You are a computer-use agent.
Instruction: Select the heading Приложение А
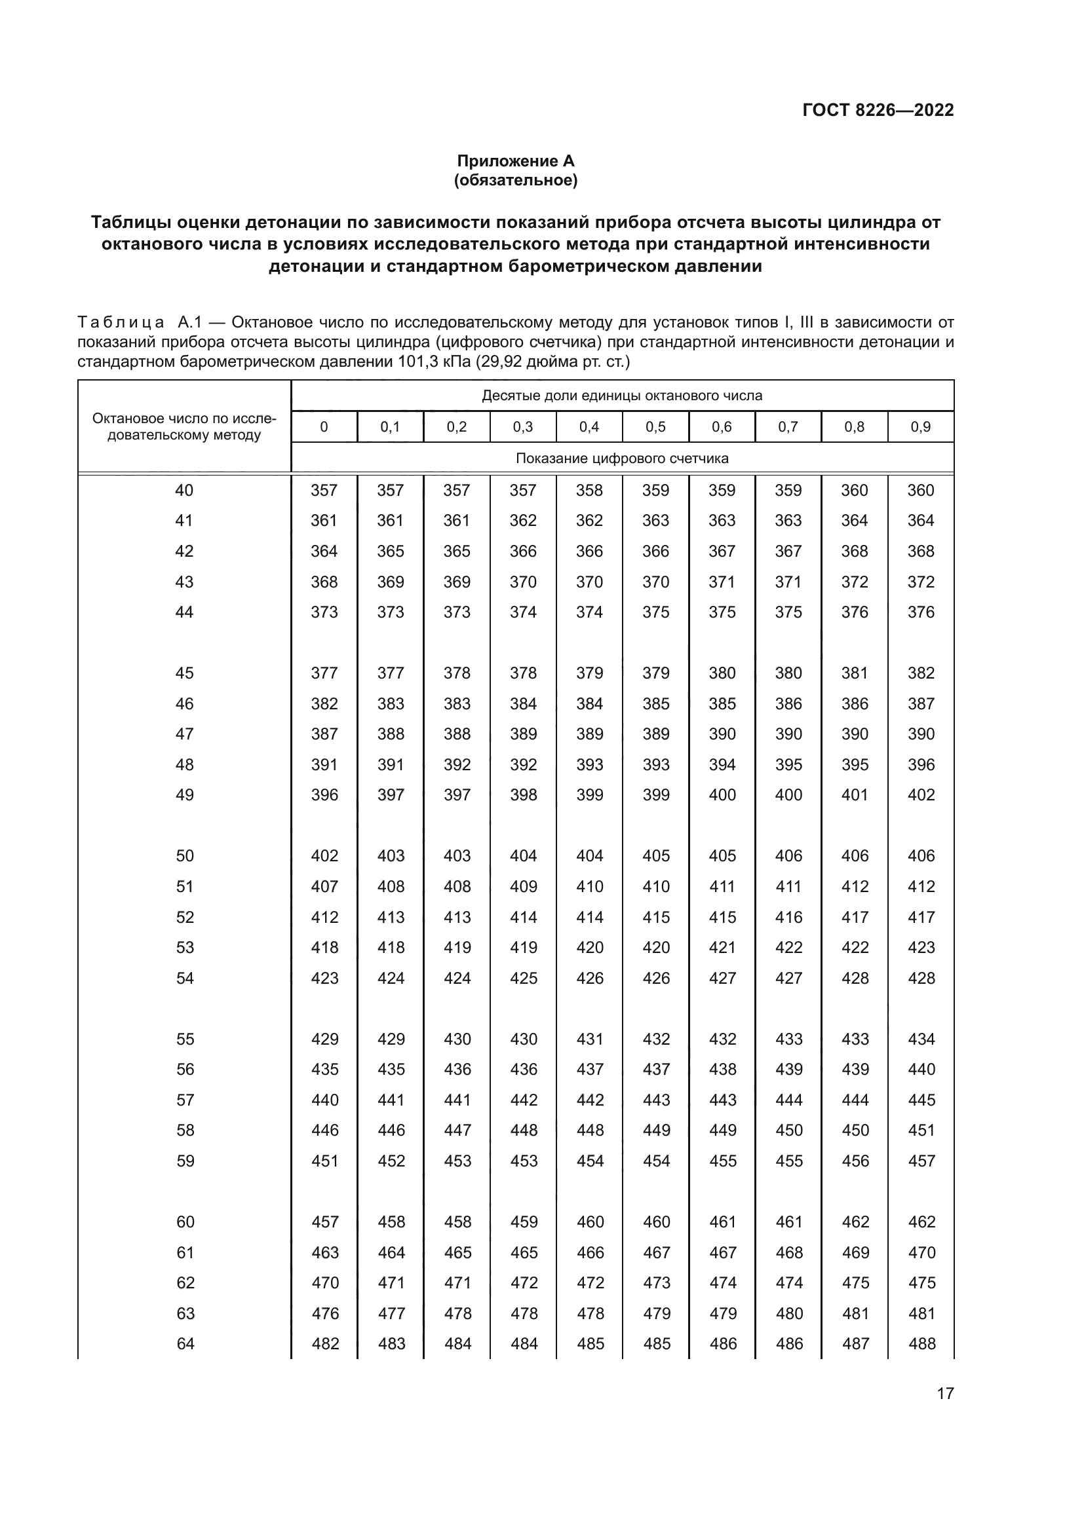point(515,161)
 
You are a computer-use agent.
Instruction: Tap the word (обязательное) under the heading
point(515,180)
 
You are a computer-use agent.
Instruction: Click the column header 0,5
point(655,427)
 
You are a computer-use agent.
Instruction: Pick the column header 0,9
point(920,427)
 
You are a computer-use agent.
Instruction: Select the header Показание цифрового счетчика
point(622,458)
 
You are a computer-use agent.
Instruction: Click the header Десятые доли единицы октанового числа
point(622,396)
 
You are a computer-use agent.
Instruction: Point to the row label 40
point(184,491)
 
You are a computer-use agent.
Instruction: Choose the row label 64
point(185,1343)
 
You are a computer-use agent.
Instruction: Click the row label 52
point(185,917)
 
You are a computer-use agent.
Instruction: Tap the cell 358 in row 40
point(589,491)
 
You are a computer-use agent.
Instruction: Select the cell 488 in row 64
point(922,1343)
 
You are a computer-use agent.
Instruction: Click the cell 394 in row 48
point(722,764)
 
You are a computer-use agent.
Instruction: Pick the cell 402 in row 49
point(921,794)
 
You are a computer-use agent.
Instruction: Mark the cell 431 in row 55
point(590,1039)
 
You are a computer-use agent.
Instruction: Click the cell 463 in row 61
point(325,1252)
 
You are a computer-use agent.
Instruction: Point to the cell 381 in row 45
point(855,673)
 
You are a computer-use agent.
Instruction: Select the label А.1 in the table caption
point(189,323)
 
